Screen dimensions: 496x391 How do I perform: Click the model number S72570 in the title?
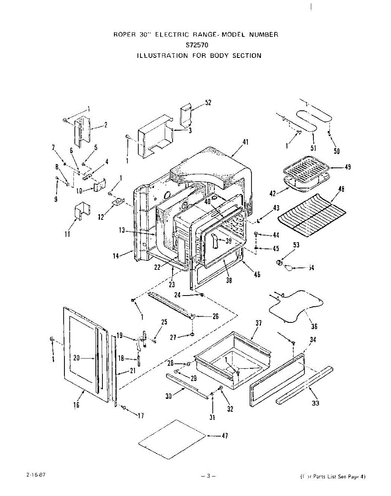pyautogui.click(x=195, y=45)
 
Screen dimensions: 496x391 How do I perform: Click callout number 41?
pyautogui.click(x=246, y=142)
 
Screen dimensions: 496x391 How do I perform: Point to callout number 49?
pyautogui.click(x=348, y=167)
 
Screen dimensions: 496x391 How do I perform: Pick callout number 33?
pyautogui.click(x=315, y=403)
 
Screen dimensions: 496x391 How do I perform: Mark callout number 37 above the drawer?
pyautogui.click(x=258, y=323)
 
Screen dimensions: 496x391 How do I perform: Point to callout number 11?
pyautogui.click(x=67, y=234)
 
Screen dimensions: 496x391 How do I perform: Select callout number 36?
pyautogui.click(x=314, y=327)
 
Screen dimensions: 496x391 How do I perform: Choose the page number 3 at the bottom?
pyautogui.click(x=209, y=477)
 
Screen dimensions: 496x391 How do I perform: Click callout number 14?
pyautogui.click(x=117, y=256)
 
